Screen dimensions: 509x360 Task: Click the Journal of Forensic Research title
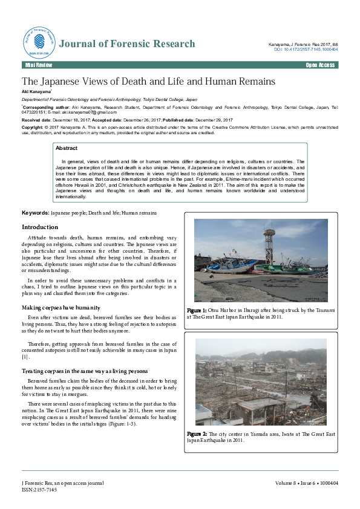coord(127,44)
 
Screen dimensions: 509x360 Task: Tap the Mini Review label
coord(38,65)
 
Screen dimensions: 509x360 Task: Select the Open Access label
coord(320,65)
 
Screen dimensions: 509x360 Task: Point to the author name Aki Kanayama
coord(36,90)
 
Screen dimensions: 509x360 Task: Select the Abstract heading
coord(67,148)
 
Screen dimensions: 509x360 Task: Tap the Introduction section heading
coord(40,227)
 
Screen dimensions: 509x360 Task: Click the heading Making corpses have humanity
coord(61,308)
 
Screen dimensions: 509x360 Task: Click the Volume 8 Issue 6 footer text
coord(306,483)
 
